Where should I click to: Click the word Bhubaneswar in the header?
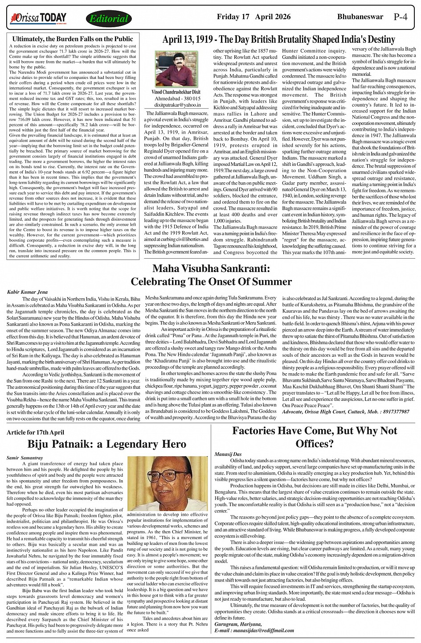click(x=360, y=17)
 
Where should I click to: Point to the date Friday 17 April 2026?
click(x=253, y=17)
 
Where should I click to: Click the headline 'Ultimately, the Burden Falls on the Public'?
click(x=73, y=39)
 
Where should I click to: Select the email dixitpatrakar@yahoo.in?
click(x=177, y=105)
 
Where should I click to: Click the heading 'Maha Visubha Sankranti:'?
click(x=211, y=269)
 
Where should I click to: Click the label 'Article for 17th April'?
click(x=35, y=432)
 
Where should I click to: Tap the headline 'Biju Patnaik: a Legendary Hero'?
click(x=107, y=444)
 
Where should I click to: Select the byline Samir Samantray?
click(x=25, y=458)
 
